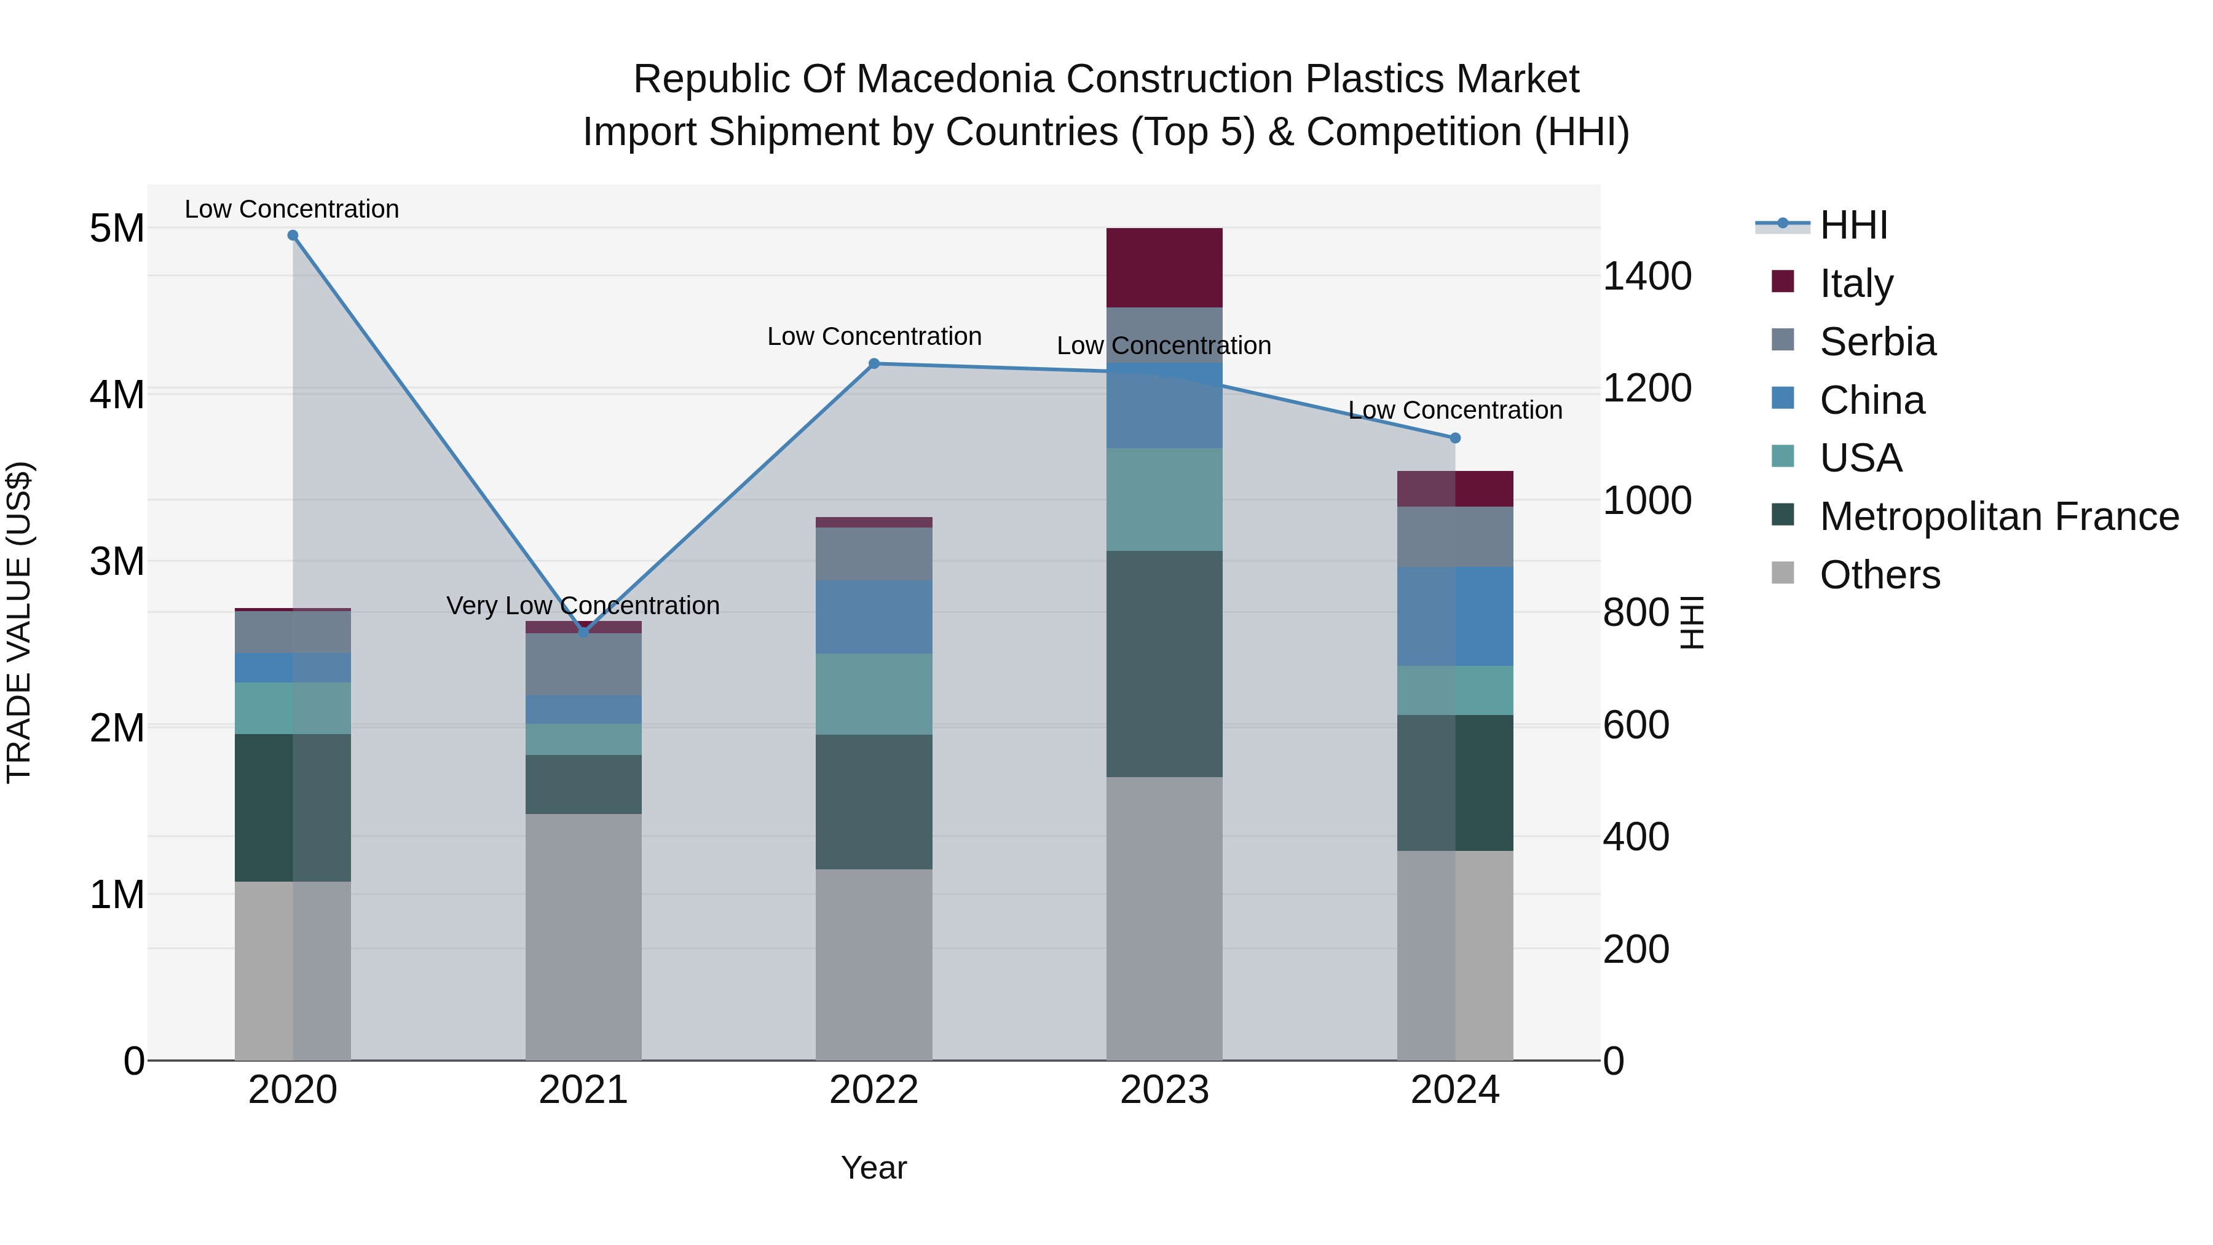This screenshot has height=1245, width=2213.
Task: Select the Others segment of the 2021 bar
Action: point(583,936)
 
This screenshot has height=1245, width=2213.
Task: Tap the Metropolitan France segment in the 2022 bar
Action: point(874,802)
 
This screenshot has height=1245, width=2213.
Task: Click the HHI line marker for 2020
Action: point(293,235)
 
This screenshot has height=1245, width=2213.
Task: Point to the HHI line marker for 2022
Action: point(874,363)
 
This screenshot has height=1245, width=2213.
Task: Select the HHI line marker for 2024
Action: point(1454,438)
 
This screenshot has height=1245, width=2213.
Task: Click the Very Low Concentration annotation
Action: point(583,606)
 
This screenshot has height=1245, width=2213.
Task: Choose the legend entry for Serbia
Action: point(1877,342)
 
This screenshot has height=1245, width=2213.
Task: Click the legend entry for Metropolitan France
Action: point(1998,516)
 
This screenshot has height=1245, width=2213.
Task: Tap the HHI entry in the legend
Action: point(1853,225)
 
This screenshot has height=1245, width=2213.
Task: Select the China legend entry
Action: point(1871,400)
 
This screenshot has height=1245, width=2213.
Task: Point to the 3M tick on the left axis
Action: point(117,562)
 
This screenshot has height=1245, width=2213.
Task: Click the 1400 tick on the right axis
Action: point(1647,277)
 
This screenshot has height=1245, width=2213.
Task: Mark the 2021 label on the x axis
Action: point(583,1090)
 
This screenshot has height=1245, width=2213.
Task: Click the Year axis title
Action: point(874,1168)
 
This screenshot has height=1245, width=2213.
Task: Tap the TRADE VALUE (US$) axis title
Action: point(19,622)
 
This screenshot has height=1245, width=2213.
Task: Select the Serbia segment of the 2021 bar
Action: point(583,664)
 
